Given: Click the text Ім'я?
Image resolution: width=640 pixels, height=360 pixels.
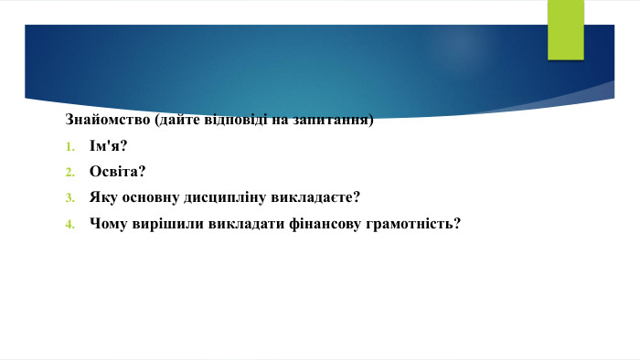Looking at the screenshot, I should [x=108, y=146].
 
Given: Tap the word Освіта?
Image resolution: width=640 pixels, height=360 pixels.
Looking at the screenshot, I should [x=118, y=172].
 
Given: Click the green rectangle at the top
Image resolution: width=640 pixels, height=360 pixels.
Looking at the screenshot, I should [x=565, y=29].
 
